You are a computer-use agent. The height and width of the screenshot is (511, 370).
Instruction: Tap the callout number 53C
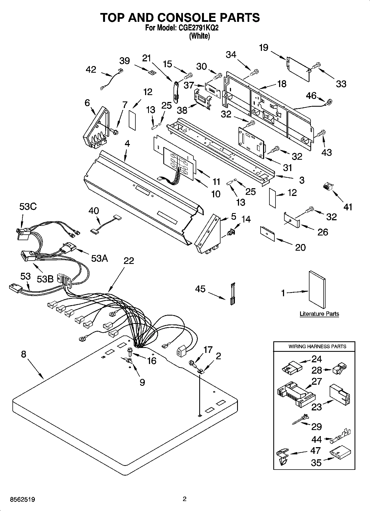click(x=28, y=206)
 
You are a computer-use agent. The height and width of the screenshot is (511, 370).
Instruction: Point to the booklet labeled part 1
click(x=317, y=289)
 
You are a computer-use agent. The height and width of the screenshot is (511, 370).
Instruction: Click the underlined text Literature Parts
click(x=319, y=314)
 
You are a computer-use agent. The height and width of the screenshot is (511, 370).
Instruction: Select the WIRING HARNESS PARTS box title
click(x=317, y=346)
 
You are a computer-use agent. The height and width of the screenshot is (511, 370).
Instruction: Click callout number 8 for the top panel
click(x=23, y=354)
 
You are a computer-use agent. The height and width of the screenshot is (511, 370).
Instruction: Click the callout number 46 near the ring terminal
click(x=311, y=96)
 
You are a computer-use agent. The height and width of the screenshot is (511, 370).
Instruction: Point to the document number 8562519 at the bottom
click(x=22, y=499)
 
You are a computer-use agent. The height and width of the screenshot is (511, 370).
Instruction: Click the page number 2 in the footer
click(x=185, y=499)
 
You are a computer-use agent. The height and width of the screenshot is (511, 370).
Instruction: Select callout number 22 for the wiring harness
click(x=128, y=261)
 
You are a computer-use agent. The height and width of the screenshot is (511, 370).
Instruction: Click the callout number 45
click(x=200, y=289)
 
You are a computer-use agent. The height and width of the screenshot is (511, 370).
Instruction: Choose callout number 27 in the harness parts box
click(x=317, y=381)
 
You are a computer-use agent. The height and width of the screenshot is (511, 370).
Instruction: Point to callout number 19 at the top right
click(x=264, y=48)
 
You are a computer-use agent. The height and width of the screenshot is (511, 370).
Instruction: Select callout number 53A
click(x=99, y=258)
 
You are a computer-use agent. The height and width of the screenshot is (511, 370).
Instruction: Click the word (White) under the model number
click(x=199, y=36)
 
